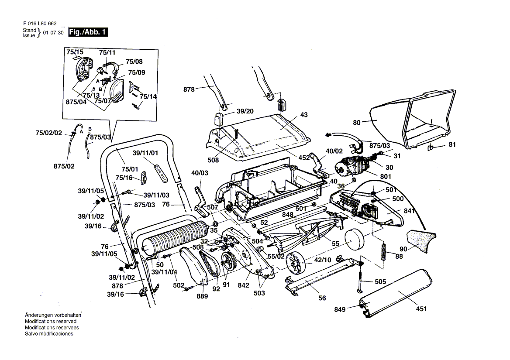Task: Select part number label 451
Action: pyautogui.click(x=421, y=309)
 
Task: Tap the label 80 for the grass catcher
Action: pyautogui.click(x=357, y=123)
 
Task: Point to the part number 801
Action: pyautogui.click(x=386, y=177)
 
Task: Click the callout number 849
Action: pyautogui.click(x=340, y=309)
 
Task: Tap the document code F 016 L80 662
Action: pyautogui.click(x=40, y=24)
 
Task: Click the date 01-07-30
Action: pyautogui.click(x=54, y=33)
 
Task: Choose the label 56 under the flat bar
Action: pyautogui.click(x=322, y=298)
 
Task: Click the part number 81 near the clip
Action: pyautogui.click(x=452, y=144)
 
